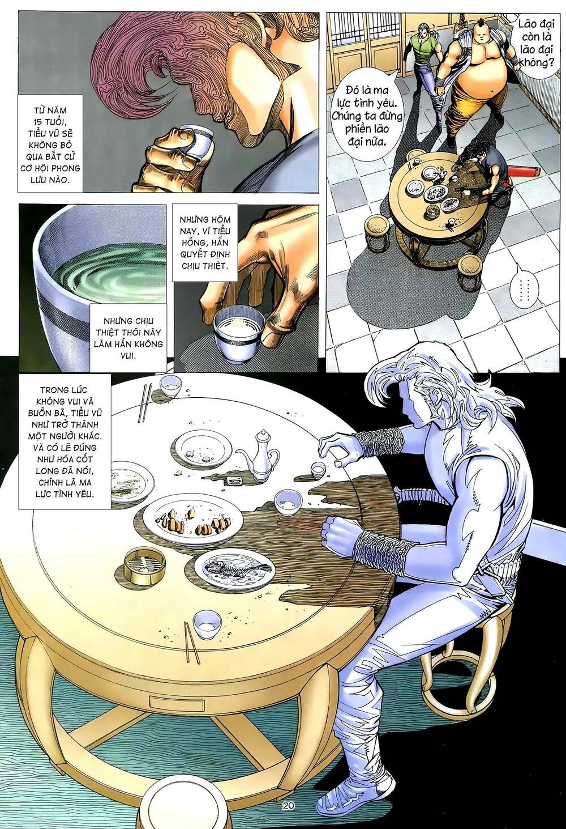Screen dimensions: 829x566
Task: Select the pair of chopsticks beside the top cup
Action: pyautogui.click(x=145, y=403)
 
